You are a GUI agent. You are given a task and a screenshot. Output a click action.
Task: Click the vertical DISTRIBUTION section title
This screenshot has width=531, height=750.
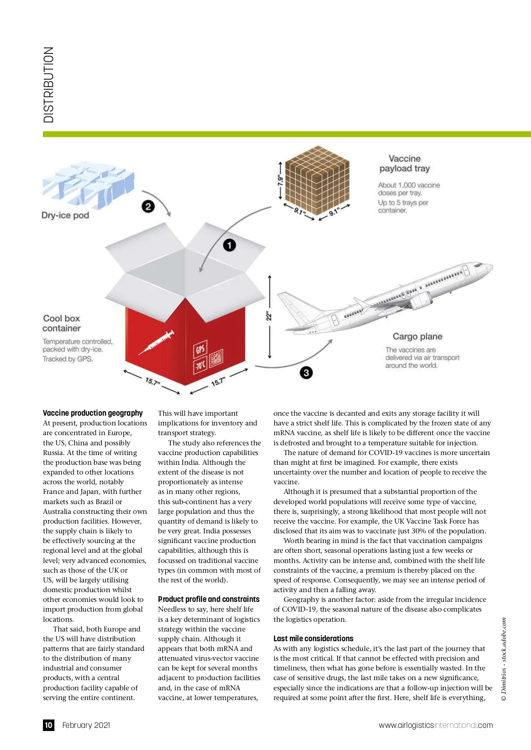[49, 85]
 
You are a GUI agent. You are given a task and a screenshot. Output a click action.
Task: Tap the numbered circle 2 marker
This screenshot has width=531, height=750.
[148, 207]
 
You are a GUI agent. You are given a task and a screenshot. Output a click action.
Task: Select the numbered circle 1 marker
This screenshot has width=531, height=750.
[229, 245]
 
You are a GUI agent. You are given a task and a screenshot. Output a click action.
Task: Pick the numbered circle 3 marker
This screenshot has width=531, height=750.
[306, 373]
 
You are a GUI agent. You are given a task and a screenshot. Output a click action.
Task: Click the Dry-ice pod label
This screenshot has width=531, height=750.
[65, 215]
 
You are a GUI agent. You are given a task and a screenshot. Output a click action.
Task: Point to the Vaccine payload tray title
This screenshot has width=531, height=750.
[404, 164]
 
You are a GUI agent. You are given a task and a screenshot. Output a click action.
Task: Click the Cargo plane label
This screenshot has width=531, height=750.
[417, 337]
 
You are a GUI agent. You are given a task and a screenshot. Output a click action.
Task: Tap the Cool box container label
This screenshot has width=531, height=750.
[62, 323]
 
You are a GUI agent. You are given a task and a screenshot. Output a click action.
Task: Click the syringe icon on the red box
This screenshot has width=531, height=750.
[156, 342]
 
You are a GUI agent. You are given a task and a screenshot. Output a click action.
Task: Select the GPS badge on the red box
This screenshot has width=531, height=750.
[200, 349]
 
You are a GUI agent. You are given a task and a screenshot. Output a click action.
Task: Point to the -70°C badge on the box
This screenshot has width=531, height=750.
[200, 365]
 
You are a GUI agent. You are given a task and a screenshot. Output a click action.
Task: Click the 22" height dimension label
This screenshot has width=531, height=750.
[269, 316]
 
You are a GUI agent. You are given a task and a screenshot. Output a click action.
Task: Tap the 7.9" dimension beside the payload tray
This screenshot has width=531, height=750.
[280, 181]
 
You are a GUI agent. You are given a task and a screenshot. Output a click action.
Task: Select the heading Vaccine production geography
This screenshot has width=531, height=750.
[93, 413]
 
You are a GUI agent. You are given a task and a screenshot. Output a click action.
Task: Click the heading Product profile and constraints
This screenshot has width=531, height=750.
[208, 599]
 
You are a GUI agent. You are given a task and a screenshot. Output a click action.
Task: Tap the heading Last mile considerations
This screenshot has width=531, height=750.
[313, 639]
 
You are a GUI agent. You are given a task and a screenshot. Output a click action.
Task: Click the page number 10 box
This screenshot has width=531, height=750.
[49, 725]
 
